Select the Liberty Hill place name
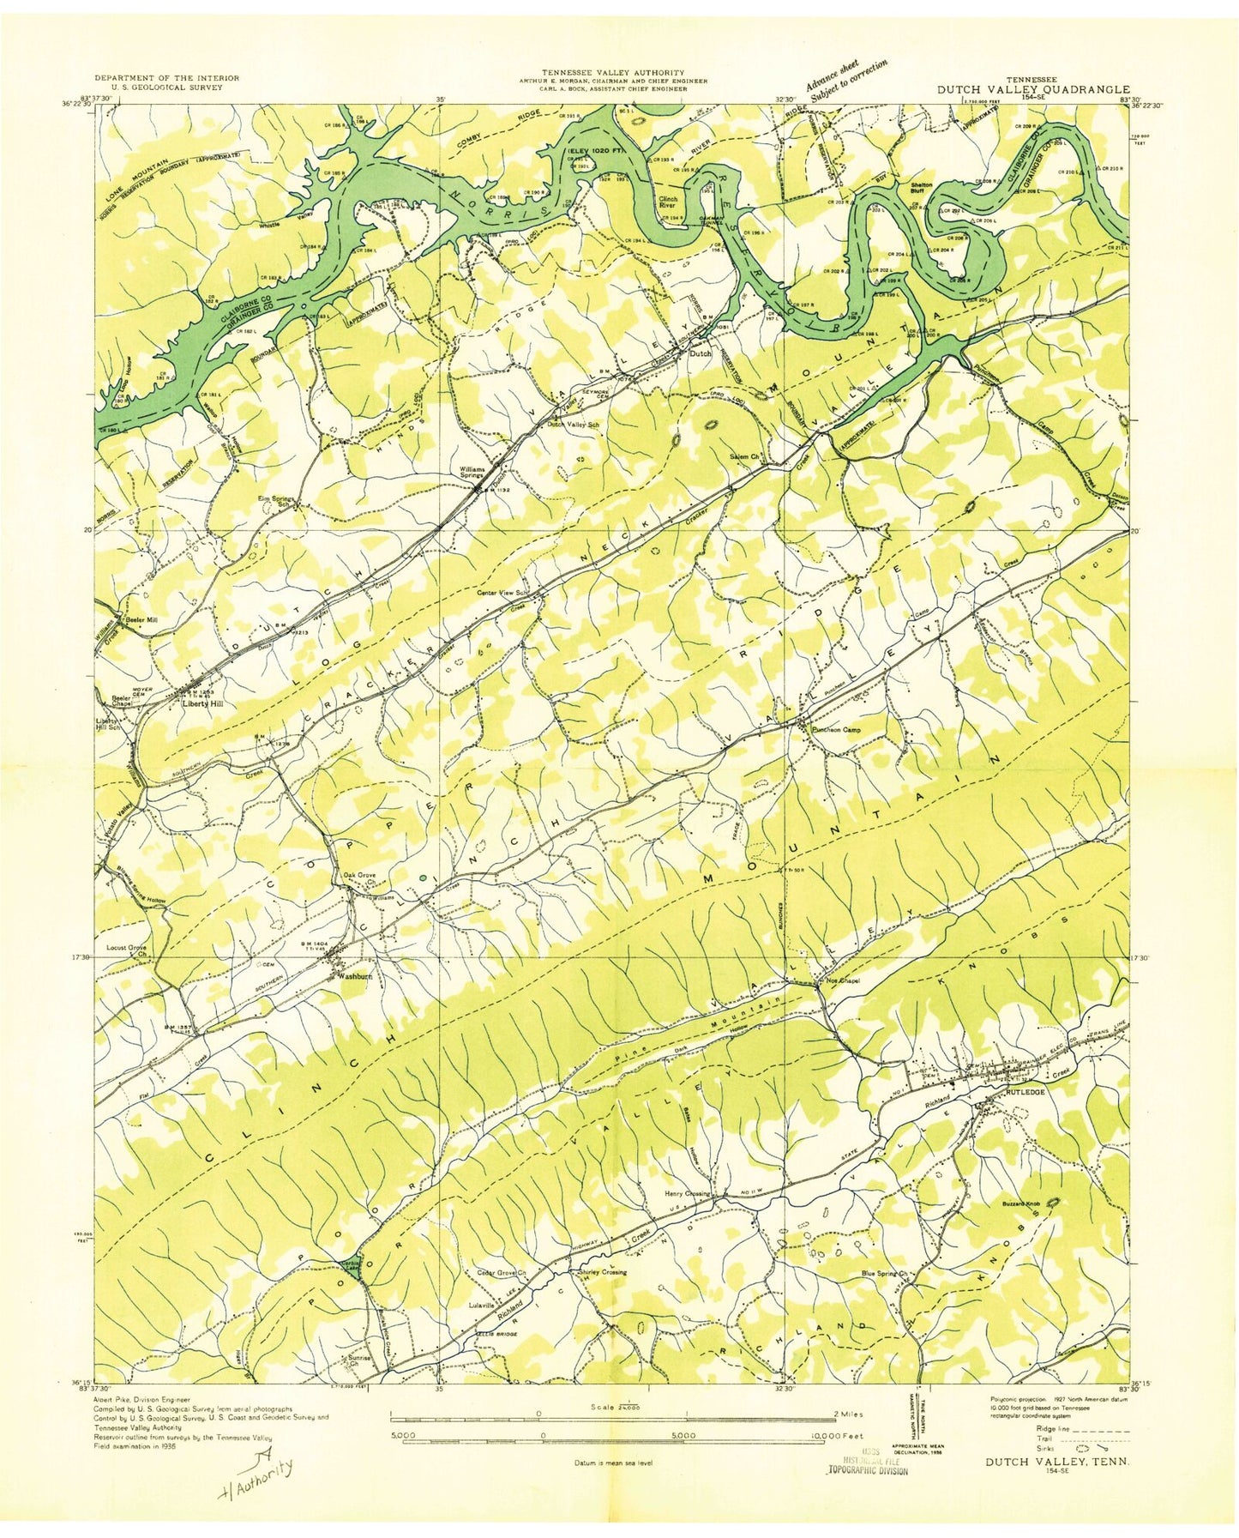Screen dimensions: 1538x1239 tap(204, 703)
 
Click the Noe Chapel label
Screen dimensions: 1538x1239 tap(843, 980)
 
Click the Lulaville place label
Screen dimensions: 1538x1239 tap(484, 1305)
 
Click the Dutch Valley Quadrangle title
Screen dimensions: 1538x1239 tap(1032, 88)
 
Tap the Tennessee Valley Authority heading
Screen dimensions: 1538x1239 tap(612, 73)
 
